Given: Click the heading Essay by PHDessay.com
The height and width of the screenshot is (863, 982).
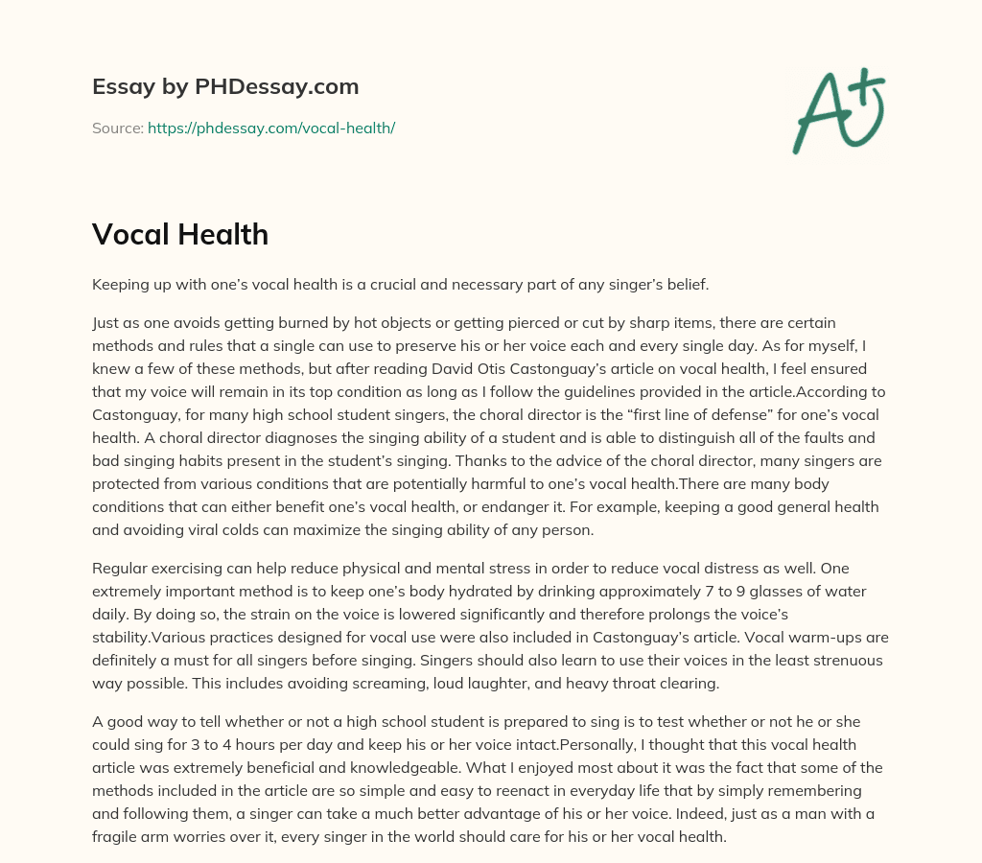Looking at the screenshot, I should (225, 86).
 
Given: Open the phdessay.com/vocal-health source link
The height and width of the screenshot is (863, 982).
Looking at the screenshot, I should (271, 128).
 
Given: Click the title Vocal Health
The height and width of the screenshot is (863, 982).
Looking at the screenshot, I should (180, 233).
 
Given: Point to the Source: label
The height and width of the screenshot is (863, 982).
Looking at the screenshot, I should (118, 128).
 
